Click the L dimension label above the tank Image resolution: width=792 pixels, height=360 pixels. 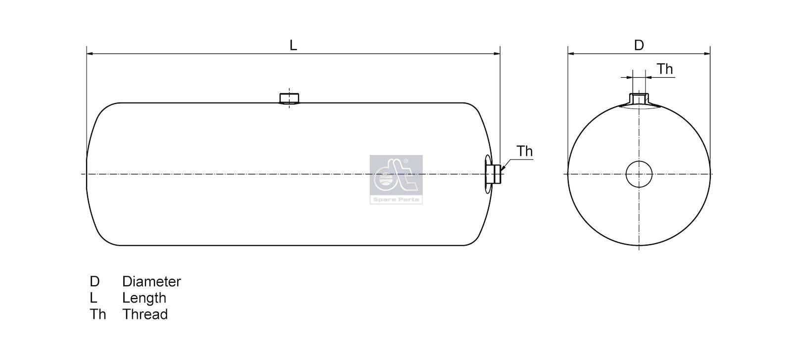(293, 45)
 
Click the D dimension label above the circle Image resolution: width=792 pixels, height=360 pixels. (639, 45)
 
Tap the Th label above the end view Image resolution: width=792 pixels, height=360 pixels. (665, 69)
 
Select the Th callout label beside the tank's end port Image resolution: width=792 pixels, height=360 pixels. (524, 152)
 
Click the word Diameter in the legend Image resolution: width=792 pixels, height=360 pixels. (151, 281)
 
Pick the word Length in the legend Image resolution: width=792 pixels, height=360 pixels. (144, 298)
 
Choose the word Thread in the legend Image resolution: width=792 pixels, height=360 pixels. (145, 314)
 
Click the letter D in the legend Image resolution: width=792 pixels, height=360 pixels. (95, 281)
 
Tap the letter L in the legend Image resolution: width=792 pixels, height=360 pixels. (93, 298)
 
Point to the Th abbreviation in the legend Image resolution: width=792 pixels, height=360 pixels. (98, 314)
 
